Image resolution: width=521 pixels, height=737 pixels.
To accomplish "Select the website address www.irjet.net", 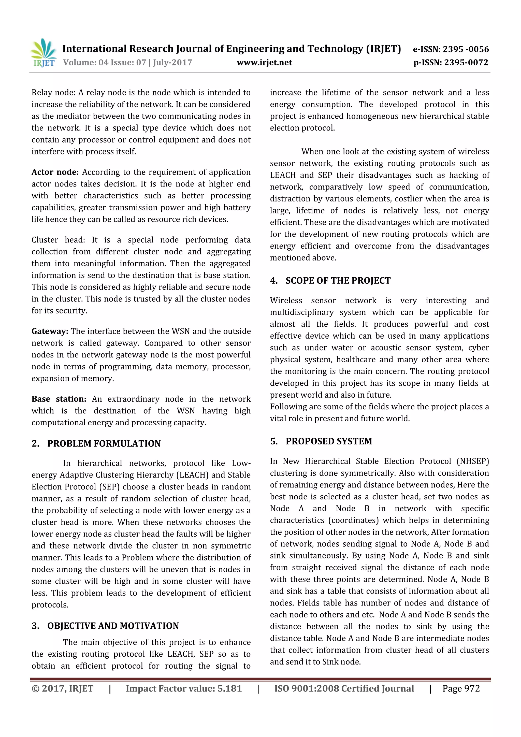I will point(264,62).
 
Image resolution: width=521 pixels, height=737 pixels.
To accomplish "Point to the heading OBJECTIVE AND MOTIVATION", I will point(113,626).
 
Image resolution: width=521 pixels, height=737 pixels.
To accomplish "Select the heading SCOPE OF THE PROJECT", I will point(338,281).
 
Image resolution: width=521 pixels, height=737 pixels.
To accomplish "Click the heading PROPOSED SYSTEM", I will point(329,441).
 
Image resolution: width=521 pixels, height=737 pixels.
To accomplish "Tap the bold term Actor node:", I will point(55,172).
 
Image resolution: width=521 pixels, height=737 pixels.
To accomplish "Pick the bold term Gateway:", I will point(50,331).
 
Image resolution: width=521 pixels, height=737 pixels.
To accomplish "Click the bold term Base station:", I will point(59,399).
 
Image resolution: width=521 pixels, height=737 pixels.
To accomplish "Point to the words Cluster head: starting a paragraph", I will point(58,240).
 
